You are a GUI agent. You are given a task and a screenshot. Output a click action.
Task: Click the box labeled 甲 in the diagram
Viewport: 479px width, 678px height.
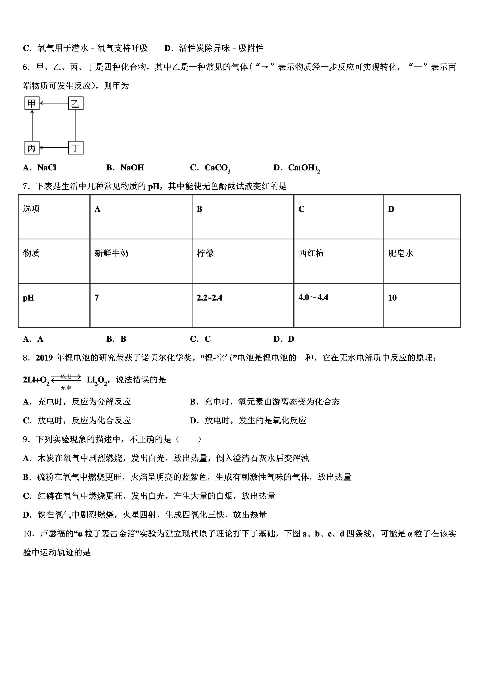coord(31,103)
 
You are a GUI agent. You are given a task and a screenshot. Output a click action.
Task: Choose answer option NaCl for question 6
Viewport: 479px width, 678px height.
coord(47,168)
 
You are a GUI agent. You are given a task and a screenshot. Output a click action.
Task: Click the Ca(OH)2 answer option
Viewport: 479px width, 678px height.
coord(304,168)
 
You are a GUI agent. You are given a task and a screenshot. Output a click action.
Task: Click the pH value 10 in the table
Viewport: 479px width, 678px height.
coord(392,298)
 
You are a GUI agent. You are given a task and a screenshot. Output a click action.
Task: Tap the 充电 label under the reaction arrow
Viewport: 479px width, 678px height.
coord(66,388)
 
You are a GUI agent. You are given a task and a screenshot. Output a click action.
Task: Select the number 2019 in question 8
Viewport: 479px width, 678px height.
coord(44,358)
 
